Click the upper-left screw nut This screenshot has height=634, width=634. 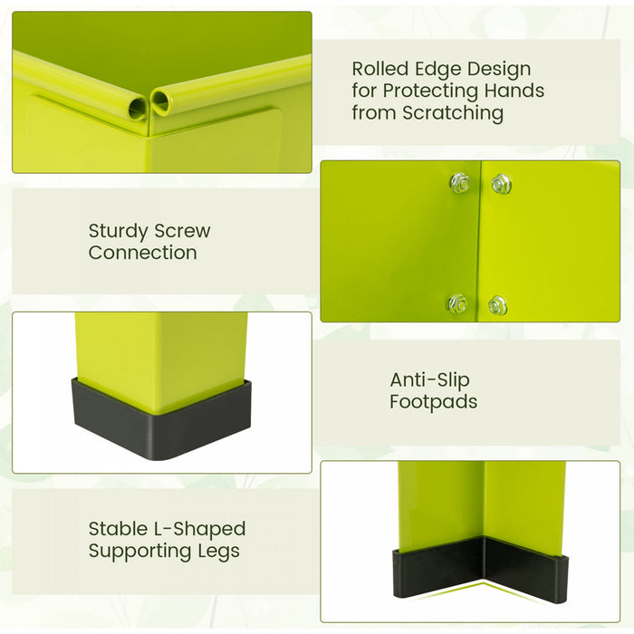(x=459, y=182)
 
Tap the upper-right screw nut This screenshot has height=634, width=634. (x=502, y=184)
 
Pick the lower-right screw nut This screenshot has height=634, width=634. (x=497, y=305)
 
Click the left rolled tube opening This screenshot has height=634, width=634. (x=138, y=109)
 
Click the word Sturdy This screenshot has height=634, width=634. (x=119, y=231)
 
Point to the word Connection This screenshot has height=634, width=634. (x=142, y=253)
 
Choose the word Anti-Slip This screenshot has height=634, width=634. (x=429, y=379)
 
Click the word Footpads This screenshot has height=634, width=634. (x=433, y=401)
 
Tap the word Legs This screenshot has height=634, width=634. (x=219, y=551)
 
